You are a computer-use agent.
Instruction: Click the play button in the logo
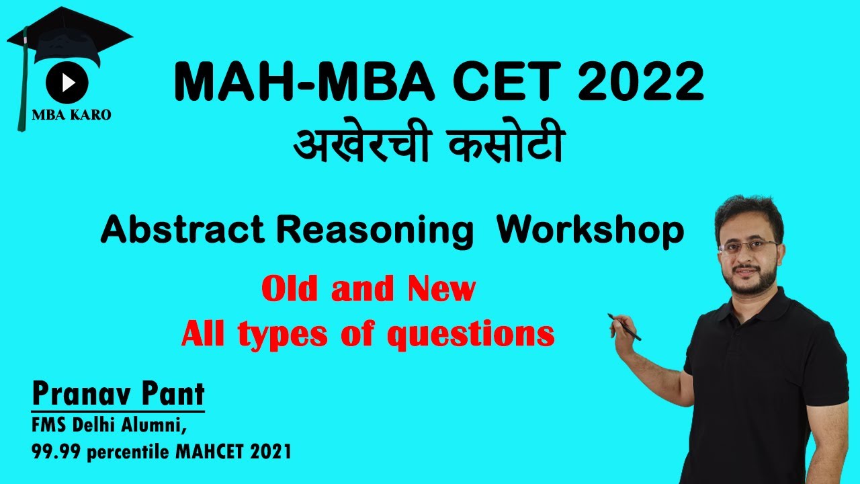pos(67,82)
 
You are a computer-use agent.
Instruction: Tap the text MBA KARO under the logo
pos(72,115)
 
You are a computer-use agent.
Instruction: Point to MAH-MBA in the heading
pos(282,83)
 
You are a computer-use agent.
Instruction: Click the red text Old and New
pos(368,290)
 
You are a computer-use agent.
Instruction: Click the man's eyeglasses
pos(747,245)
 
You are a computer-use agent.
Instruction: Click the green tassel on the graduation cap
pos(21,87)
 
